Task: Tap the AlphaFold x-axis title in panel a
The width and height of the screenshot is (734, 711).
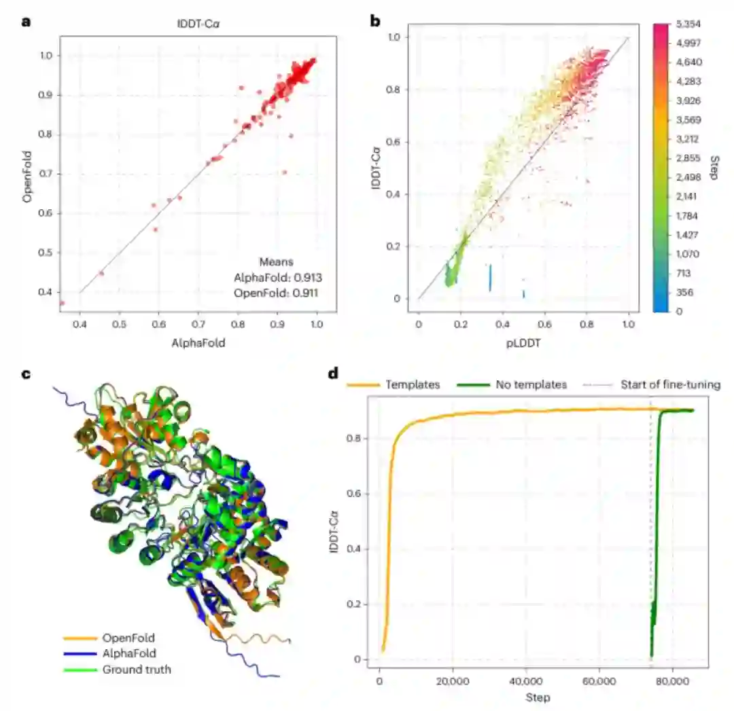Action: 198,344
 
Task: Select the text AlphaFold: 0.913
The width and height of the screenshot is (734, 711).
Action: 277,277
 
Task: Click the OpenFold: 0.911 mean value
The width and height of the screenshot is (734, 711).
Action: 277,293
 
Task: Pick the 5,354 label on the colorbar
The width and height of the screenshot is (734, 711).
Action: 687,24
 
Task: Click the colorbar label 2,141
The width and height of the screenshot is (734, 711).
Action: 687,196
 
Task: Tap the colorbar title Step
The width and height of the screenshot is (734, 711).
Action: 713,167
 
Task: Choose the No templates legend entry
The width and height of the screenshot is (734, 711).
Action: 531,384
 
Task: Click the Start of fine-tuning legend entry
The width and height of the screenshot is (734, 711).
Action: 670,384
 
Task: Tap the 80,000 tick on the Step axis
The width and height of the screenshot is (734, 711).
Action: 672,681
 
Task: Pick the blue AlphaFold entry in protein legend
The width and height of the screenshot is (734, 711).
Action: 129,653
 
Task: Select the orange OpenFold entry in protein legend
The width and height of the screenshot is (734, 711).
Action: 128,638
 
